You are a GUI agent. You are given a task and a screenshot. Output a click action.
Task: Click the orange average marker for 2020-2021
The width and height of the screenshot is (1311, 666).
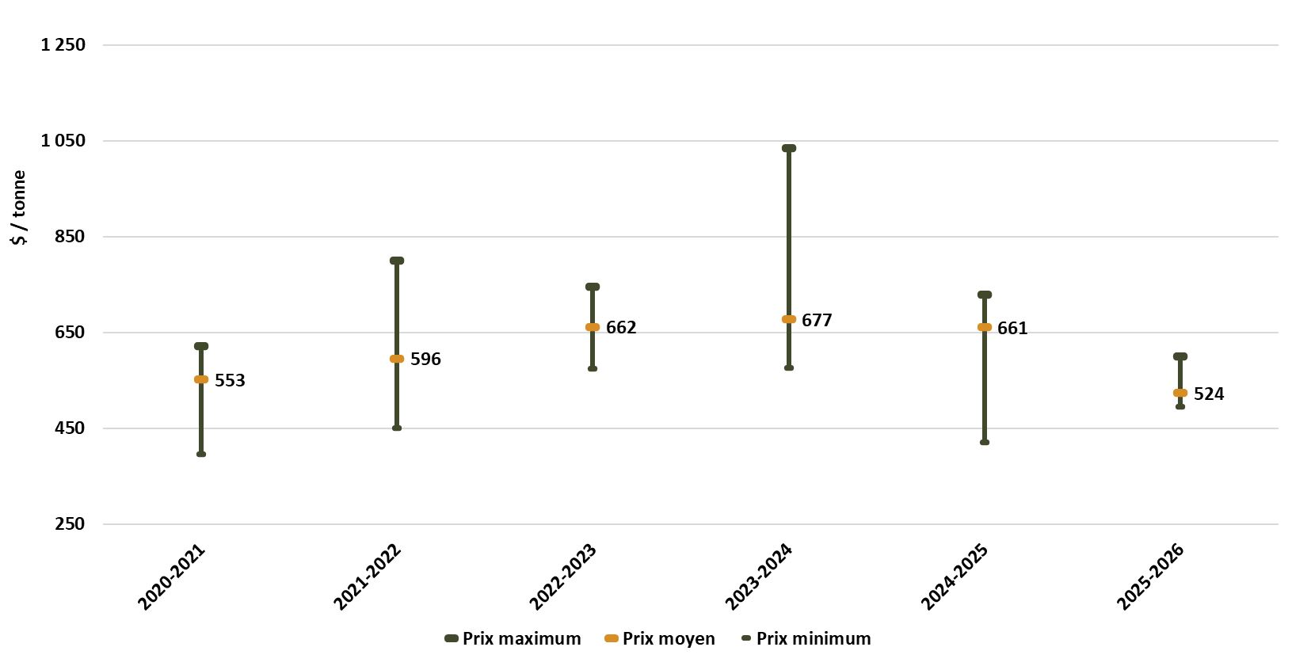(x=201, y=379)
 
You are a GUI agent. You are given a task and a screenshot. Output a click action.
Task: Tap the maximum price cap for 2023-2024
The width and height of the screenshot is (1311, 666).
(x=788, y=148)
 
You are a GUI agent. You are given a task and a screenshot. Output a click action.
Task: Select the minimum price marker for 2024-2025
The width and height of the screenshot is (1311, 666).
(x=984, y=442)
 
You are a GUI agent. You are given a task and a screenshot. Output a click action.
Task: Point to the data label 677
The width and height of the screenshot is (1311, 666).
(x=817, y=320)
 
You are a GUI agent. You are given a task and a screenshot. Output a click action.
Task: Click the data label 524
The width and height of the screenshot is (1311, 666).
(x=1208, y=394)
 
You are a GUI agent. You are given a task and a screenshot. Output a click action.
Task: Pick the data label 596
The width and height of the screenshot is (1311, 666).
(x=425, y=359)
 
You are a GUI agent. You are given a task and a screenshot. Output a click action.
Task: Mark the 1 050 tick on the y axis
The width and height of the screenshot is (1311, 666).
(x=63, y=140)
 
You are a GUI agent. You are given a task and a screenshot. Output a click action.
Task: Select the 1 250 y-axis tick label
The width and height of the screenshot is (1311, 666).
(x=63, y=44)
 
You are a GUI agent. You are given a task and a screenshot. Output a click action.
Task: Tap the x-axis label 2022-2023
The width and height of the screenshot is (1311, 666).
(x=563, y=577)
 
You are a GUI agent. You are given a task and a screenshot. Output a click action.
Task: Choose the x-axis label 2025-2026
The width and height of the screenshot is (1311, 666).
(x=1150, y=577)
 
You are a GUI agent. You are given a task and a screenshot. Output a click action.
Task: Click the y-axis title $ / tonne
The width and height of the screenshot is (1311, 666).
(x=19, y=207)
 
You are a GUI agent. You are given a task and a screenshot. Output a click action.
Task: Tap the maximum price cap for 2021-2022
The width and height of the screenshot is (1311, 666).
(x=397, y=261)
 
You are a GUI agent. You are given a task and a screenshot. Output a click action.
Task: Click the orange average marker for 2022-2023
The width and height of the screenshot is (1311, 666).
(x=593, y=327)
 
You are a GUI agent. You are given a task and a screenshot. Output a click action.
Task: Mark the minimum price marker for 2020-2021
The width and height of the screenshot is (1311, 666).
(x=201, y=454)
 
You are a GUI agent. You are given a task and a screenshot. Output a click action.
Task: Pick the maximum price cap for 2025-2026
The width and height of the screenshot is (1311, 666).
(x=1180, y=356)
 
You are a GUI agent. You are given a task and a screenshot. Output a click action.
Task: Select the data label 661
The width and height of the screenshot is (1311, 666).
(x=1012, y=328)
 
